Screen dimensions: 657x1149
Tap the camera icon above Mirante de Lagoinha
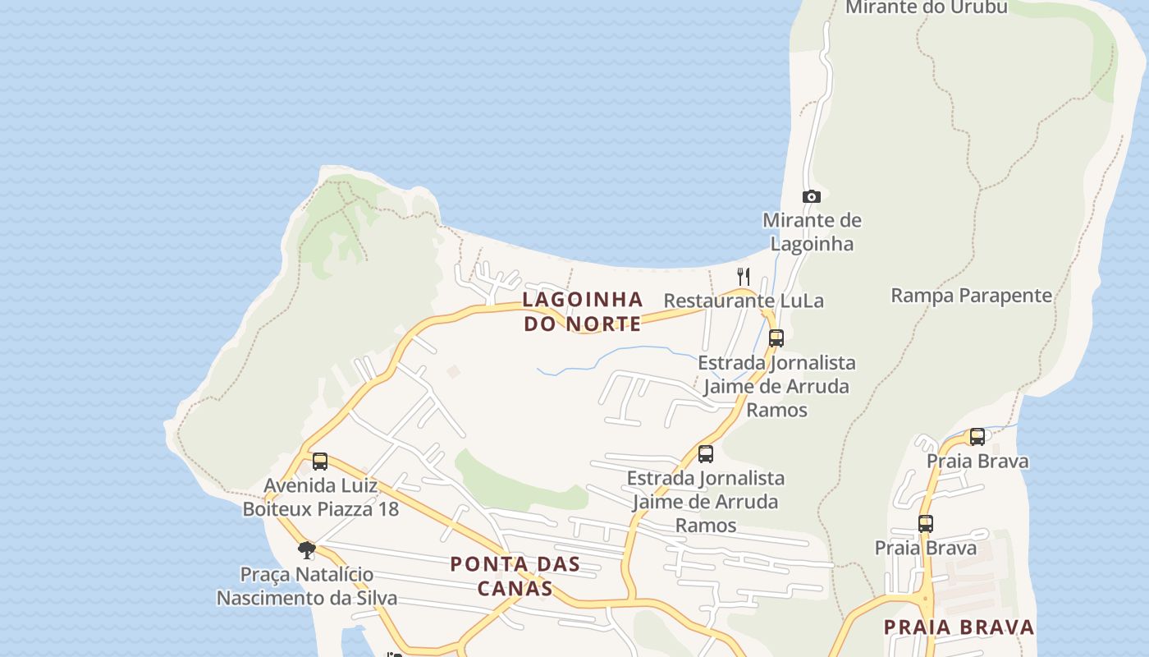811,196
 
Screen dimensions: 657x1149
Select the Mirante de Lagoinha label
812,232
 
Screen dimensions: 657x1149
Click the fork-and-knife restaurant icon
744,276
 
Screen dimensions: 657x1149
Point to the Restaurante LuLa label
743,301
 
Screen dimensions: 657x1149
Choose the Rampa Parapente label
971,296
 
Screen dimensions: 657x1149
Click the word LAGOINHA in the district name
583,299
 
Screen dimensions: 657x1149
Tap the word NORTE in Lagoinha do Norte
603,324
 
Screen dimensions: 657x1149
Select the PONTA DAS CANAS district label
515,576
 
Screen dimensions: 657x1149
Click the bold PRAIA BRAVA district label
959,627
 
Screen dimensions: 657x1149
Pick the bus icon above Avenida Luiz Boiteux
320,462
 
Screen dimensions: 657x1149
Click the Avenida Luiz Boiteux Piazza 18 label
320,497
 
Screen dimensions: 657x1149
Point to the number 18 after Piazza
387,509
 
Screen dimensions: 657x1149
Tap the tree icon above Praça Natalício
307,549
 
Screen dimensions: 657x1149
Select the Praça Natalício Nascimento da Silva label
307,586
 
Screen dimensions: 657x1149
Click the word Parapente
1009,296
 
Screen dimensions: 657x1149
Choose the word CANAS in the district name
515,588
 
